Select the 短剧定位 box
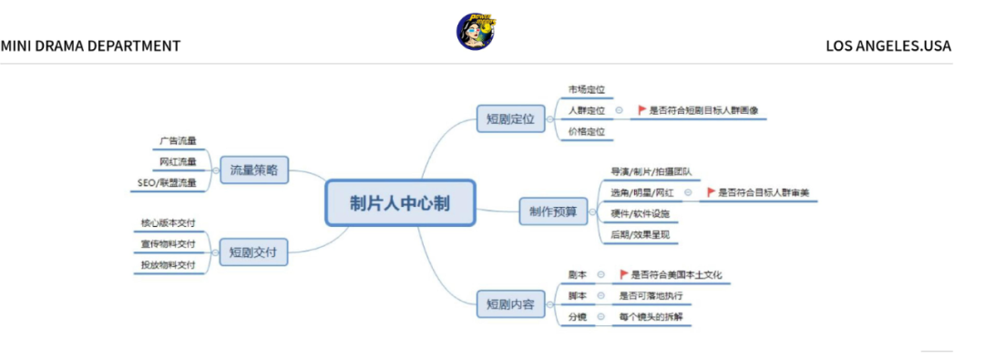(509, 118)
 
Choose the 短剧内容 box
(509, 303)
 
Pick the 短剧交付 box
(253, 252)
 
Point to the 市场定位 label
(586, 89)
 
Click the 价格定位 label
(586, 131)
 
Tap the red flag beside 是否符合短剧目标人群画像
(641, 110)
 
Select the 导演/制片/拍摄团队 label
(651, 170)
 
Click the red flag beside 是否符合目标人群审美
(711, 192)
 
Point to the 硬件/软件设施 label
(640, 213)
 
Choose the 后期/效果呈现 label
(640, 234)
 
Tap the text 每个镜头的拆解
(651, 316)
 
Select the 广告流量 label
(178, 141)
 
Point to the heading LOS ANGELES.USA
(887, 46)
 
